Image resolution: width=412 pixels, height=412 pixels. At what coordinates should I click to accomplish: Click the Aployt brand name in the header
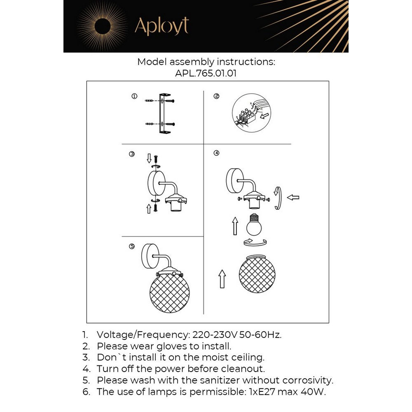[162, 26]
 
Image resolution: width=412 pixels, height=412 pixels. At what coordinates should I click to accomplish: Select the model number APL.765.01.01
[206, 73]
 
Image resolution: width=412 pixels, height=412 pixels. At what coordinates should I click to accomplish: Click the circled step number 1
[134, 96]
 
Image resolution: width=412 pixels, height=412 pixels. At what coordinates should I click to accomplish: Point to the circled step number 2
[216, 96]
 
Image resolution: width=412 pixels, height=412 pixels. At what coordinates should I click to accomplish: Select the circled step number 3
[132, 154]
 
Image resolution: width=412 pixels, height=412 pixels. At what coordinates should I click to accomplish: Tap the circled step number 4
[216, 153]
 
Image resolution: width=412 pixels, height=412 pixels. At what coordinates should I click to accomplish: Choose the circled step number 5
[132, 246]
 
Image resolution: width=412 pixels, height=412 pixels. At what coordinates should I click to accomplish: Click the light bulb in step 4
[254, 224]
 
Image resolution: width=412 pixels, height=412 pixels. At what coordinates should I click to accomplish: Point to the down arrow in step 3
[149, 158]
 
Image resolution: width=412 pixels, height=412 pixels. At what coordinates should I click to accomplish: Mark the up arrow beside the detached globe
[222, 279]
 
